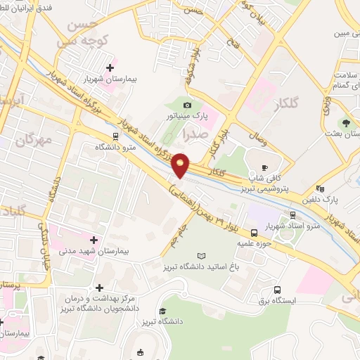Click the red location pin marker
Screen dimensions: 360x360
point(181,165)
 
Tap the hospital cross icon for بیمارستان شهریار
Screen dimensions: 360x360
point(109,67)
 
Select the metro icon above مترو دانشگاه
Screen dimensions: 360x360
point(115,137)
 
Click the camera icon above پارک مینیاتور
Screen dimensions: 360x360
point(186,105)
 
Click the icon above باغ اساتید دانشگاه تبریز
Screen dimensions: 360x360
point(202,256)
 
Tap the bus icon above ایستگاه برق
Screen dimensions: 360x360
point(277,289)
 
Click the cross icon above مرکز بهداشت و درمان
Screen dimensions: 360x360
point(99,288)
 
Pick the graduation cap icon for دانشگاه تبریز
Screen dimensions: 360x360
point(162,310)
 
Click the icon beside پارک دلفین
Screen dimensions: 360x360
point(321,188)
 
